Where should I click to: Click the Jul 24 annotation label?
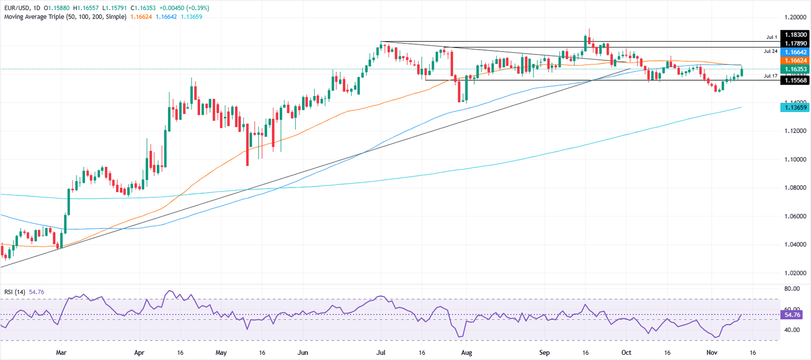(770, 51)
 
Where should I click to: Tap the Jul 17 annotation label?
(770, 77)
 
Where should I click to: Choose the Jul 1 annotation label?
(772, 37)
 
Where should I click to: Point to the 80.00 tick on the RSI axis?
(791, 289)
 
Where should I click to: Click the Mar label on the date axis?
(61, 352)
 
